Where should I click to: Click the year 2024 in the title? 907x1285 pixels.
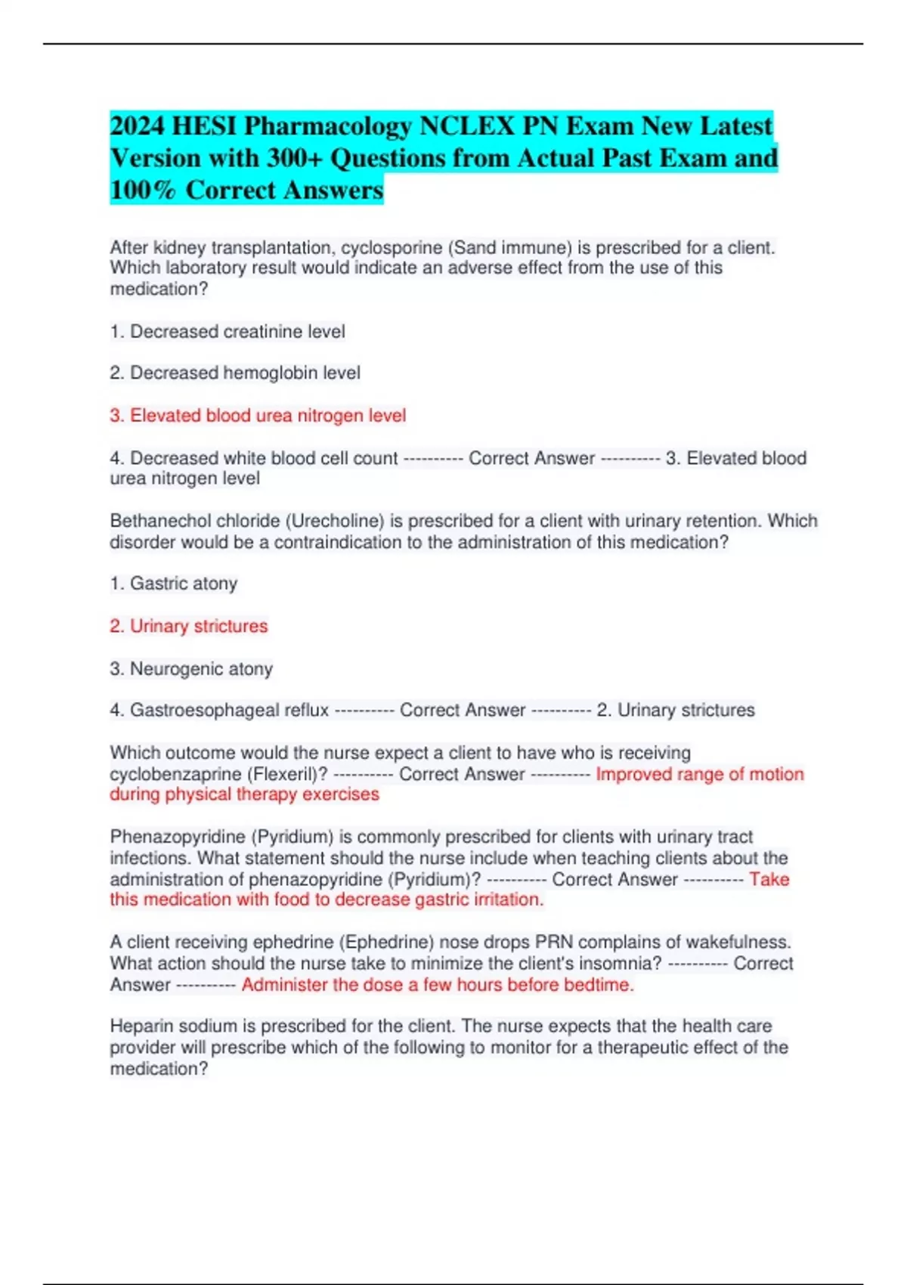tap(137, 125)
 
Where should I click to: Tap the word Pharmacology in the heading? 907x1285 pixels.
tap(327, 125)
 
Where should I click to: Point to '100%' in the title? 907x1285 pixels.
tap(143, 190)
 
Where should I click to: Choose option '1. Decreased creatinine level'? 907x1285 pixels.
tap(228, 331)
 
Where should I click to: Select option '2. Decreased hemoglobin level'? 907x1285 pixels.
tap(235, 373)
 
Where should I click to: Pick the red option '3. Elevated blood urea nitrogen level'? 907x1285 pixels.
tap(258, 416)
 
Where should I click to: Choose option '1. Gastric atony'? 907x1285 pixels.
tap(174, 584)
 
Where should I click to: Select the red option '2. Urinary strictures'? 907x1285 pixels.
tap(189, 626)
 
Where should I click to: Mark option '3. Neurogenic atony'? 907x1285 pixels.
tap(191, 669)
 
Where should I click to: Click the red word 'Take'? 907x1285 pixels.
tap(769, 879)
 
